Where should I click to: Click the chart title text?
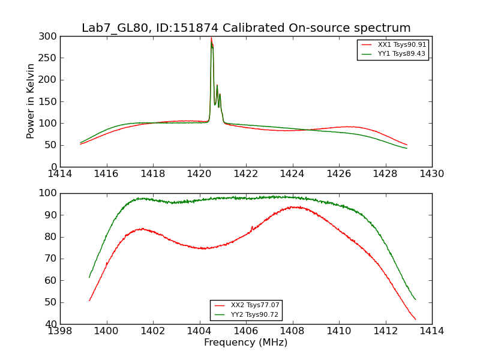tap(246, 28)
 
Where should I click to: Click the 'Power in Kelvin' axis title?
tap(31, 101)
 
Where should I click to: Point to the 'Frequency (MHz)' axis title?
tap(246, 343)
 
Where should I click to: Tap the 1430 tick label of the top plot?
tap(432, 174)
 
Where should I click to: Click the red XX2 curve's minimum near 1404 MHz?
tap(204, 248)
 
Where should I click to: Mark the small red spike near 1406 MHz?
tap(252, 227)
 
